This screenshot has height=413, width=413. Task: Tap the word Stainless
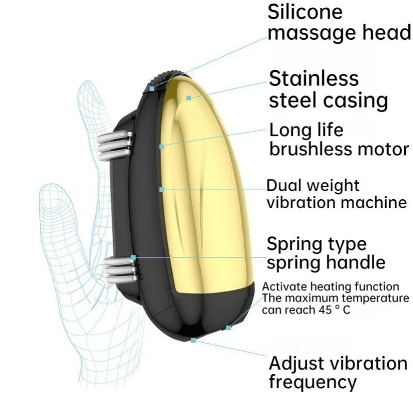[314, 78]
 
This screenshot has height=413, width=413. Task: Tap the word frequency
[313, 382]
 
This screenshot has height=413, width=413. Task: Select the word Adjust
[297, 364]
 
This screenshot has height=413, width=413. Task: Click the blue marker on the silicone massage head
[152, 88]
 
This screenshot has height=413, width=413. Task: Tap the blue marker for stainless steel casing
[188, 98]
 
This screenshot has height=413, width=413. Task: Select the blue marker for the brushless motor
[162, 147]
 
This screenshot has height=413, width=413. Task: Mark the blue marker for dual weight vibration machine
[162, 189]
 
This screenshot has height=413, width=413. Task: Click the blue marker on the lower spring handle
[133, 257]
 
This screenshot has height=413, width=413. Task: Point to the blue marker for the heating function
[229, 328]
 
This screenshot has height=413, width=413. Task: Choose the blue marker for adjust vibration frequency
[193, 340]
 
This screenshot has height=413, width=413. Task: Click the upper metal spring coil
[115, 145]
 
